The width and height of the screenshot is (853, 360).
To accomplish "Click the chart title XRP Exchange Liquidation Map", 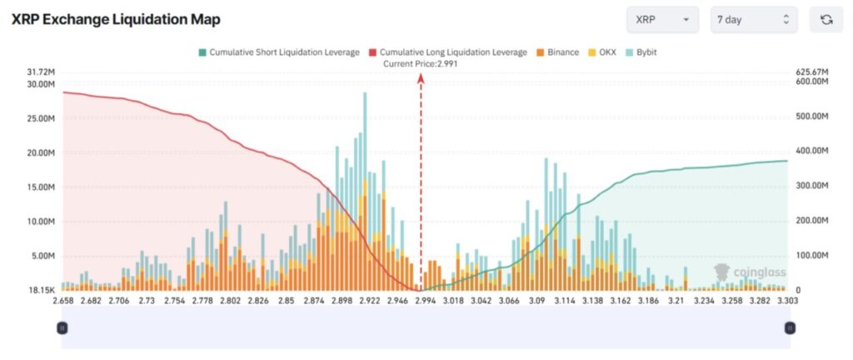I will pos(116,19).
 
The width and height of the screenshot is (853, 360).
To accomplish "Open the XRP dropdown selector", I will pos(662,19).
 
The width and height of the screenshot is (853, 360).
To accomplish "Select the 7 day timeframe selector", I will pos(753,19).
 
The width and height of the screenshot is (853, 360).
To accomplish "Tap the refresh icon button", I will pos(826,19).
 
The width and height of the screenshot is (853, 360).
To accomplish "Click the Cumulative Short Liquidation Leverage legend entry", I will pos(279,52).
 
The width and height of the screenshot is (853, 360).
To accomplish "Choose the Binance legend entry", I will pos(558,52).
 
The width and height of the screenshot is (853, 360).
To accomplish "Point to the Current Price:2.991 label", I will pos(420,64).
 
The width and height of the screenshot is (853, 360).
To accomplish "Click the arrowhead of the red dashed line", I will pos(421,77).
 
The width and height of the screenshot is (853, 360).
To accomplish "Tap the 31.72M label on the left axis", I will pos(42,72).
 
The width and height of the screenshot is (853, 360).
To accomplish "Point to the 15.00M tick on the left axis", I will pos(42,187).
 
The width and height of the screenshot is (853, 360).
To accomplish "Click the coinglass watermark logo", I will pos(749,272).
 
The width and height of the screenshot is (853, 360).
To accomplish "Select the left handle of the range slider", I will pos(62,328).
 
